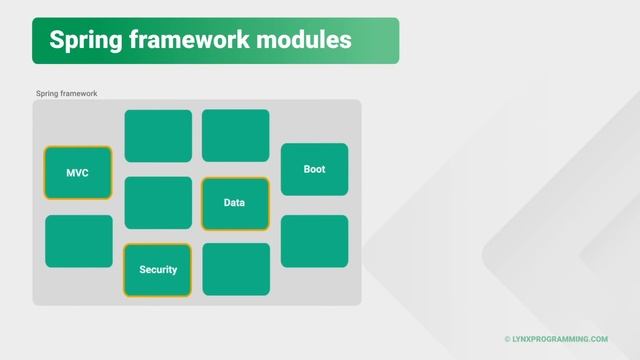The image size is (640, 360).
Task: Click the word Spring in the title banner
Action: [x=87, y=40]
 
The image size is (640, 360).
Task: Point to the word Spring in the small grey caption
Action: [x=48, y=93]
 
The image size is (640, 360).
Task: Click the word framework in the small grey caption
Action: [x=79, y=93]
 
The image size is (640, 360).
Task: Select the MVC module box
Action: [x=78, y=173]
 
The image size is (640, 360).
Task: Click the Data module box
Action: [x=235, y=203]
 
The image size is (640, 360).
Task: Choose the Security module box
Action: [x=157, y=270]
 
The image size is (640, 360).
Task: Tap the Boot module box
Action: [x=314, y=169]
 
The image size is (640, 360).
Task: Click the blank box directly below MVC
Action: [x=78, y=241]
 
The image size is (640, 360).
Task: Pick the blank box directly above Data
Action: [x=235, y=135]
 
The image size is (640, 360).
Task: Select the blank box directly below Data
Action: [x=235, y=269]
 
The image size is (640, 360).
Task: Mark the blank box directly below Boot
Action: [x=314, y=241]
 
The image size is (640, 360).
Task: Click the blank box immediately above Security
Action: [x=157, y=203]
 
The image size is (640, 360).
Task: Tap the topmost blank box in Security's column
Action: [x=157, y=135]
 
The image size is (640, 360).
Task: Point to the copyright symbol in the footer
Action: [x=507, y=339]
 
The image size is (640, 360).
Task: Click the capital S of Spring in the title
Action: [x=57, y=40]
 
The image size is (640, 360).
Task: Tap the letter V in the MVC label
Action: [x=78, y=173]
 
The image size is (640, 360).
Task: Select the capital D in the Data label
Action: [x=227, y=203]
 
